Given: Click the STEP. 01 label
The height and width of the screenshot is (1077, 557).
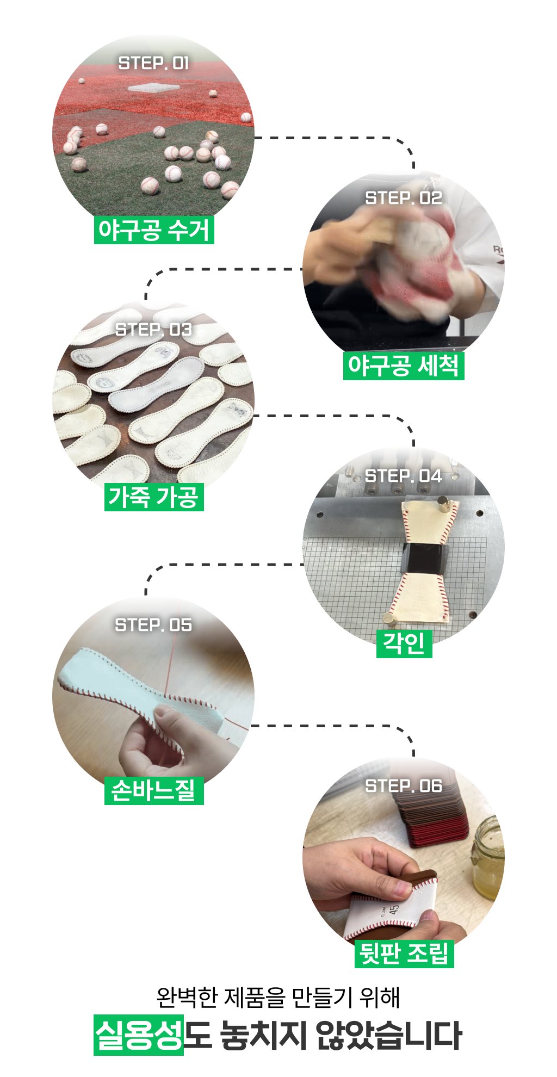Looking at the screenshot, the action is tap(153, 63).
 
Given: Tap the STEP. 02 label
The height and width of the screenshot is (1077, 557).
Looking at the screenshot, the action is tap(404, 198).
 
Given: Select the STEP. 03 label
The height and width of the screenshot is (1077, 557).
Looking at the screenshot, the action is tap(153, 330).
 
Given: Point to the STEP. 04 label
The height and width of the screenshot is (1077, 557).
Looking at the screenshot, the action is tap(404, 476).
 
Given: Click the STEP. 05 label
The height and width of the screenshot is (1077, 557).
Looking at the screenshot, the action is tap(153, 625).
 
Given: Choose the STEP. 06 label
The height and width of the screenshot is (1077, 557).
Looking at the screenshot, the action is tap(404, 786).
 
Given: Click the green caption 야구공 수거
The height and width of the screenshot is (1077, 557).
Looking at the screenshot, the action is tap(154, 230).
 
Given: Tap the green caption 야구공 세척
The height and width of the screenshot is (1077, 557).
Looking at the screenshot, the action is tap(404, 366).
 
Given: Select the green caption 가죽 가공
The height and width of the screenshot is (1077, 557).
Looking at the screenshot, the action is tap(154, 497).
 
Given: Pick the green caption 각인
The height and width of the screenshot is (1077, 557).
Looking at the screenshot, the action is tap(404, 644).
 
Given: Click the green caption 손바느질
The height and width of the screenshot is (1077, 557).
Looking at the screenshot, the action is tap(154, 791).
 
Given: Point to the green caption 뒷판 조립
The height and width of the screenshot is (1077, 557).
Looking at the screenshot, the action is tap(404, 954).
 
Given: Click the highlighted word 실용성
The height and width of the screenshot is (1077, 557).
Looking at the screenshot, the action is tap(139, 1035).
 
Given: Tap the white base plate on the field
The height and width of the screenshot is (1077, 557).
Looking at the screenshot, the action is tap(153, 88).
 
